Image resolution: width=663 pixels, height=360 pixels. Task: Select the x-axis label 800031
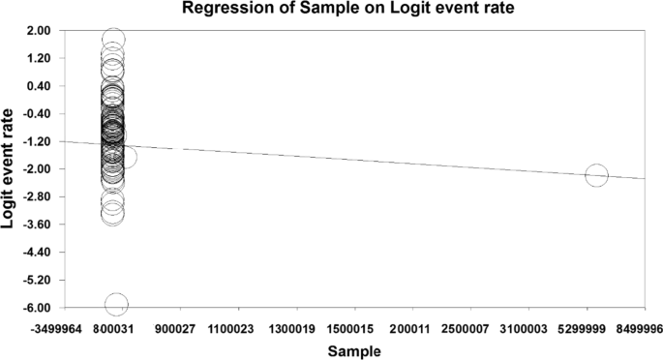(114, 329)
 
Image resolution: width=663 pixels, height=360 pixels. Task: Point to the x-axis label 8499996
(641, 329)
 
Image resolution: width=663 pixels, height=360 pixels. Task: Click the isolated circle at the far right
(596, 175)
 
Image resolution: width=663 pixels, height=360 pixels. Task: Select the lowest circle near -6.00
(116, 305)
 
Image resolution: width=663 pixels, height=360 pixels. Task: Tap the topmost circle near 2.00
(113, 40)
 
